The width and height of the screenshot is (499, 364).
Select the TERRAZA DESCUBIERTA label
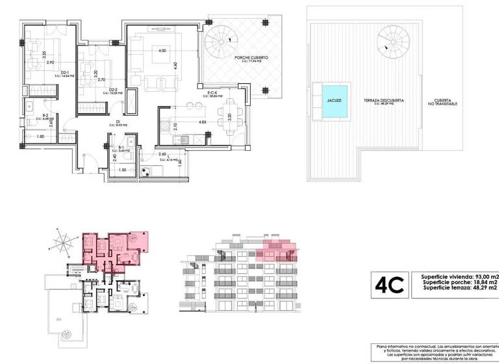(385, 101)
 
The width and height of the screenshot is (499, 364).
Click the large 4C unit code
(389, 283)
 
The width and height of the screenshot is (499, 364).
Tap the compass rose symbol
(63, 246)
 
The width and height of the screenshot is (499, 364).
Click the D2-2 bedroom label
(112, 90)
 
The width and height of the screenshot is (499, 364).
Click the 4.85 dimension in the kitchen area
(202, 122)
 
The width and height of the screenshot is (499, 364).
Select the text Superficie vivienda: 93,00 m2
(459, 276)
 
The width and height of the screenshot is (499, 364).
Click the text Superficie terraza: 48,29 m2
(459, 290)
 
